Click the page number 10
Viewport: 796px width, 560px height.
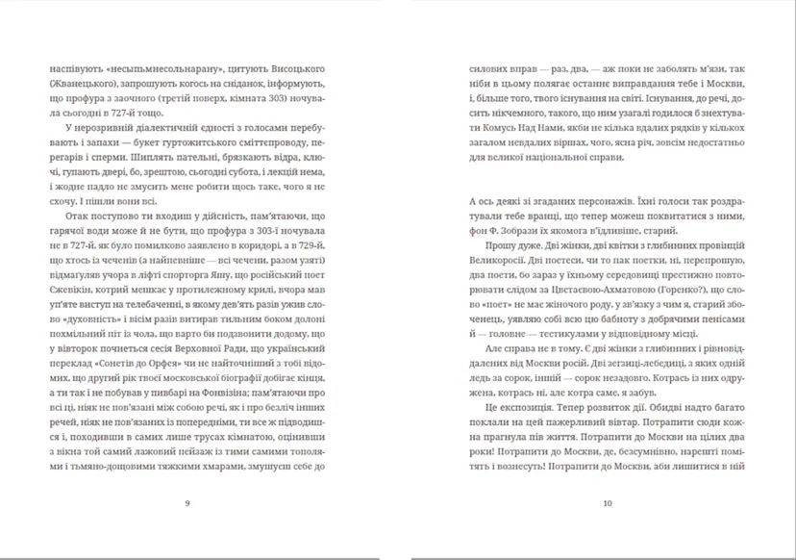click(x=607, y=502)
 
